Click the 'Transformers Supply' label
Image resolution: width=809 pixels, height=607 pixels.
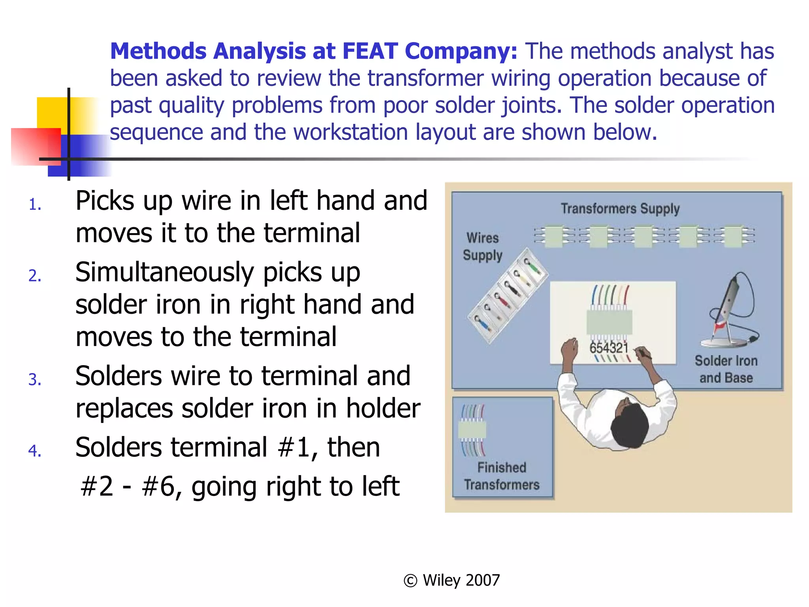620,209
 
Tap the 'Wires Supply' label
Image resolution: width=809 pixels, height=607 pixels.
482,247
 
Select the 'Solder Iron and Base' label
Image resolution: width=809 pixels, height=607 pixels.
726,369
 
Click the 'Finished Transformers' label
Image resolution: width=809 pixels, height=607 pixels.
501,476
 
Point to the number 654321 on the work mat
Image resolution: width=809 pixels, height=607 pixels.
608,348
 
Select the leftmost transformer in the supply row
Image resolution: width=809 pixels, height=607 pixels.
554,236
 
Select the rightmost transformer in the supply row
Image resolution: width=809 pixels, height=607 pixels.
734,236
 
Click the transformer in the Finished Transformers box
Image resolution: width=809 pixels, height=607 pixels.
472,430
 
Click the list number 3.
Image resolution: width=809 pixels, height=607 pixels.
35,380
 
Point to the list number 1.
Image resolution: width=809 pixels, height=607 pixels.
35,205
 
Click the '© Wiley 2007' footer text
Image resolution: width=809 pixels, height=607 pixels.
452,580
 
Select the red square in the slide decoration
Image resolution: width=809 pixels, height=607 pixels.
36,146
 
